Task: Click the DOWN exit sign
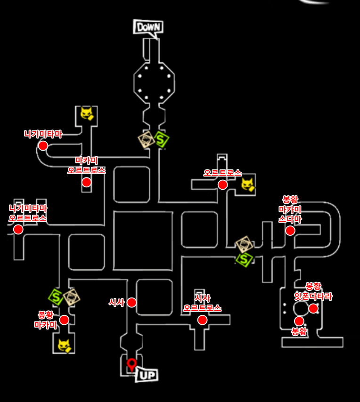148,27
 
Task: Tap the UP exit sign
147,375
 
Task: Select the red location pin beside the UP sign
132,363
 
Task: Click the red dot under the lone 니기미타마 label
43,146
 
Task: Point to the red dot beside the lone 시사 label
132,303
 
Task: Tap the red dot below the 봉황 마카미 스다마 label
290,231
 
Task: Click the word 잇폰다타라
313,297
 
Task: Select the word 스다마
290,219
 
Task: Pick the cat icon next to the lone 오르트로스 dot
248,184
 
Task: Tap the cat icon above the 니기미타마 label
87,113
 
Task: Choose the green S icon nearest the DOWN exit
162,140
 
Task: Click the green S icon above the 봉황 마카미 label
56,297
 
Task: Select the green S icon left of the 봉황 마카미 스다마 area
244,258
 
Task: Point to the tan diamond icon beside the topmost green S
147,140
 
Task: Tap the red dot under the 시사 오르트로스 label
203,320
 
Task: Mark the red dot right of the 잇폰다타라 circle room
313,309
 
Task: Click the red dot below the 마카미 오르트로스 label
87,182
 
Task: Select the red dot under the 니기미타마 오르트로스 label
18,229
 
